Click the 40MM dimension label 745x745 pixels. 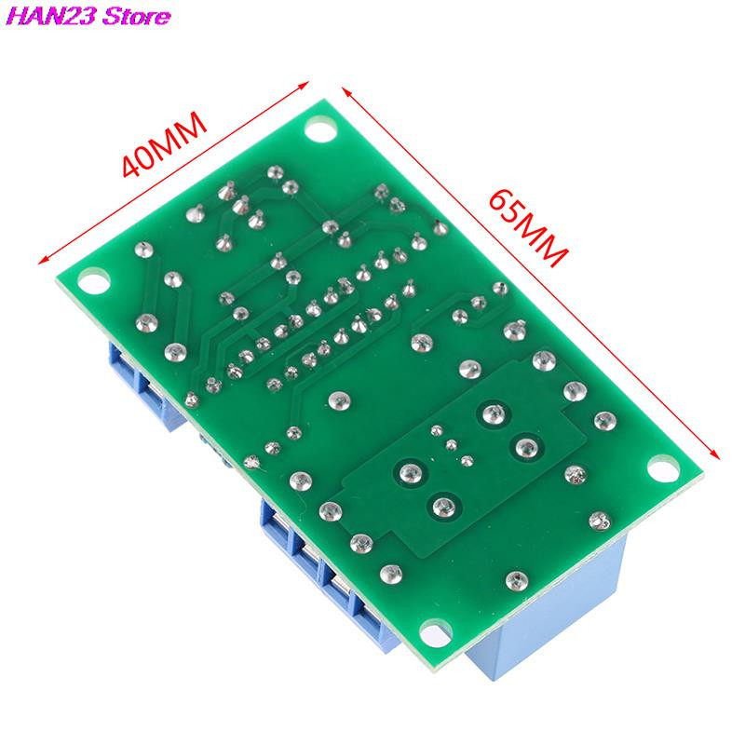165,144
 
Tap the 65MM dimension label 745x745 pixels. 528,228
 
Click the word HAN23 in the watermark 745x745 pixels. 51,16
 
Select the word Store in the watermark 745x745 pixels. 136,16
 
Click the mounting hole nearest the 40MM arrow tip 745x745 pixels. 319,129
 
